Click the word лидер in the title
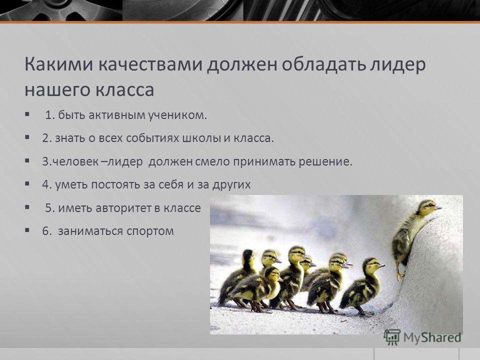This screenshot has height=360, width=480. pyautogui.click(x=398, y=65)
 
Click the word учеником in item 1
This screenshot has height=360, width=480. pyautogui.click(x=177, y=115)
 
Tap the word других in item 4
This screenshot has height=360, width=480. pyautogui.click(x=231, y=185)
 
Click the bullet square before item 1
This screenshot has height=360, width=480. pyautogui.click(x=27, y=114)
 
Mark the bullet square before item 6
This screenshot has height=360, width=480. pyautogui.click(x=27, y=230)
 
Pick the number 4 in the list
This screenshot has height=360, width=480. pyautogui.click(x=45, y=184)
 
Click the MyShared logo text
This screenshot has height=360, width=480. pyautogui.click(x=432, y=337)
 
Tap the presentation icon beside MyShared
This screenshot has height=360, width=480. pyautogui.click(x=392, y=337)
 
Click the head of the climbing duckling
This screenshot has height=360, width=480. pyautogui.click(x=428, y=208)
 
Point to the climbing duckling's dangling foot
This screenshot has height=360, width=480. pyautogui.click(x=400, y=275)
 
